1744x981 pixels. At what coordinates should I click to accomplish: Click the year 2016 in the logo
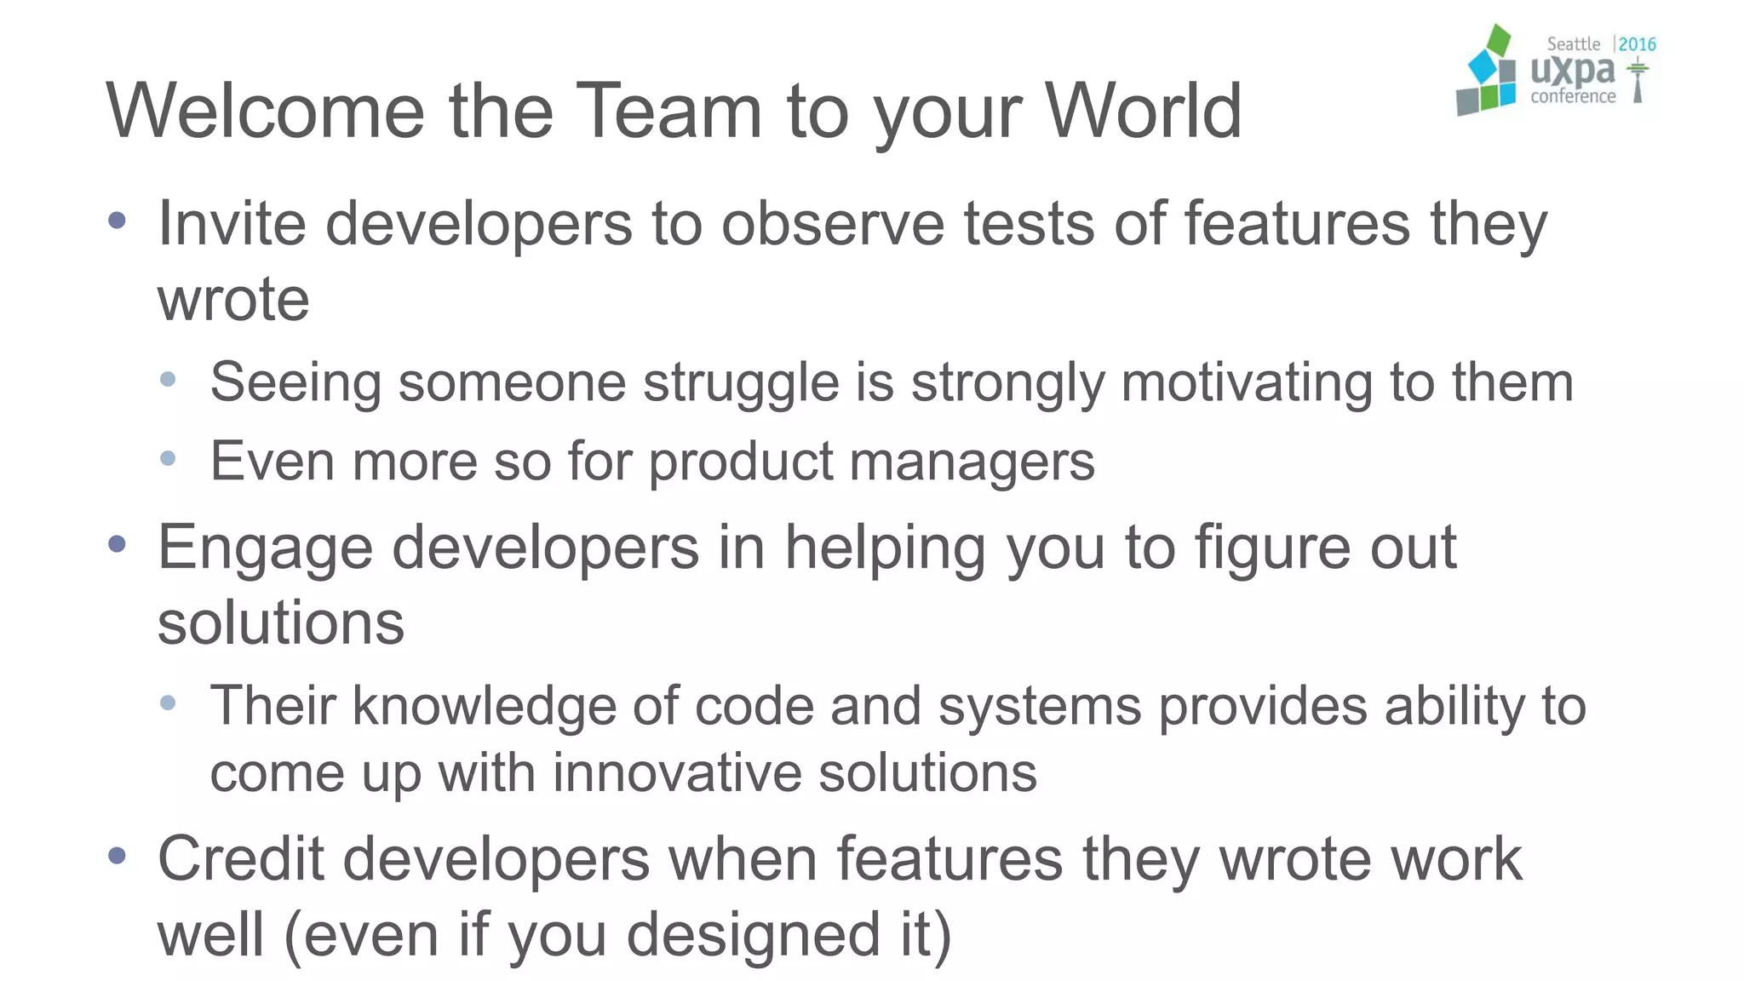point(1637,44)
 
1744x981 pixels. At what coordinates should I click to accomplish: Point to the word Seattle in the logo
point(1573,44)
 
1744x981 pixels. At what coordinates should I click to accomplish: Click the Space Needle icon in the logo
point(1638,80)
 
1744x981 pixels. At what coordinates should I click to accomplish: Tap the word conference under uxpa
point(1573,97)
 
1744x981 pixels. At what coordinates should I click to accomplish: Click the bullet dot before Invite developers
point(118,221)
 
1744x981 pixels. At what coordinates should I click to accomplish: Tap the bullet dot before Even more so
point(168,459)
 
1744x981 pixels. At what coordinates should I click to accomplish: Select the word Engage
point(265,549)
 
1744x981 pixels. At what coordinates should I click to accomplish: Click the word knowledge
point(484,707)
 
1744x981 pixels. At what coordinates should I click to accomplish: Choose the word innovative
point(676,773)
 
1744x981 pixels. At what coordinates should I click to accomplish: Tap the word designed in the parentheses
point(753,935)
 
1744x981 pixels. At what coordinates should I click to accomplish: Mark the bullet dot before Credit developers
point(118,855)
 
